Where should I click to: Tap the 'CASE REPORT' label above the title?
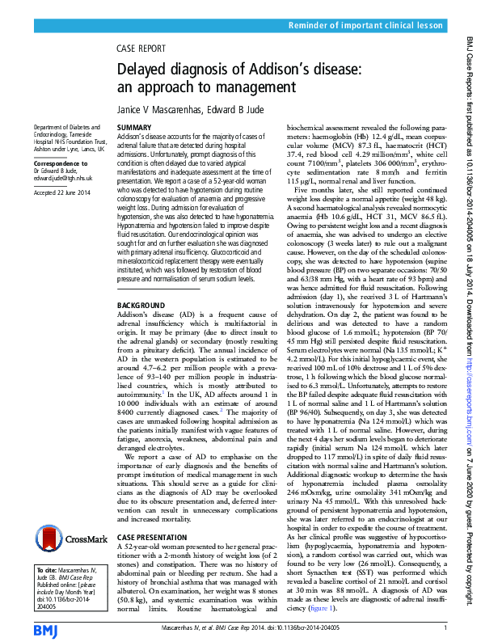click(141, 48)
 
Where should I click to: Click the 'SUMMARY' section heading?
click(133, 129)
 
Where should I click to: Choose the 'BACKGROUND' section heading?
click(142, 304)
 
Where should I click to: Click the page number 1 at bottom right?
click(445, 627)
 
